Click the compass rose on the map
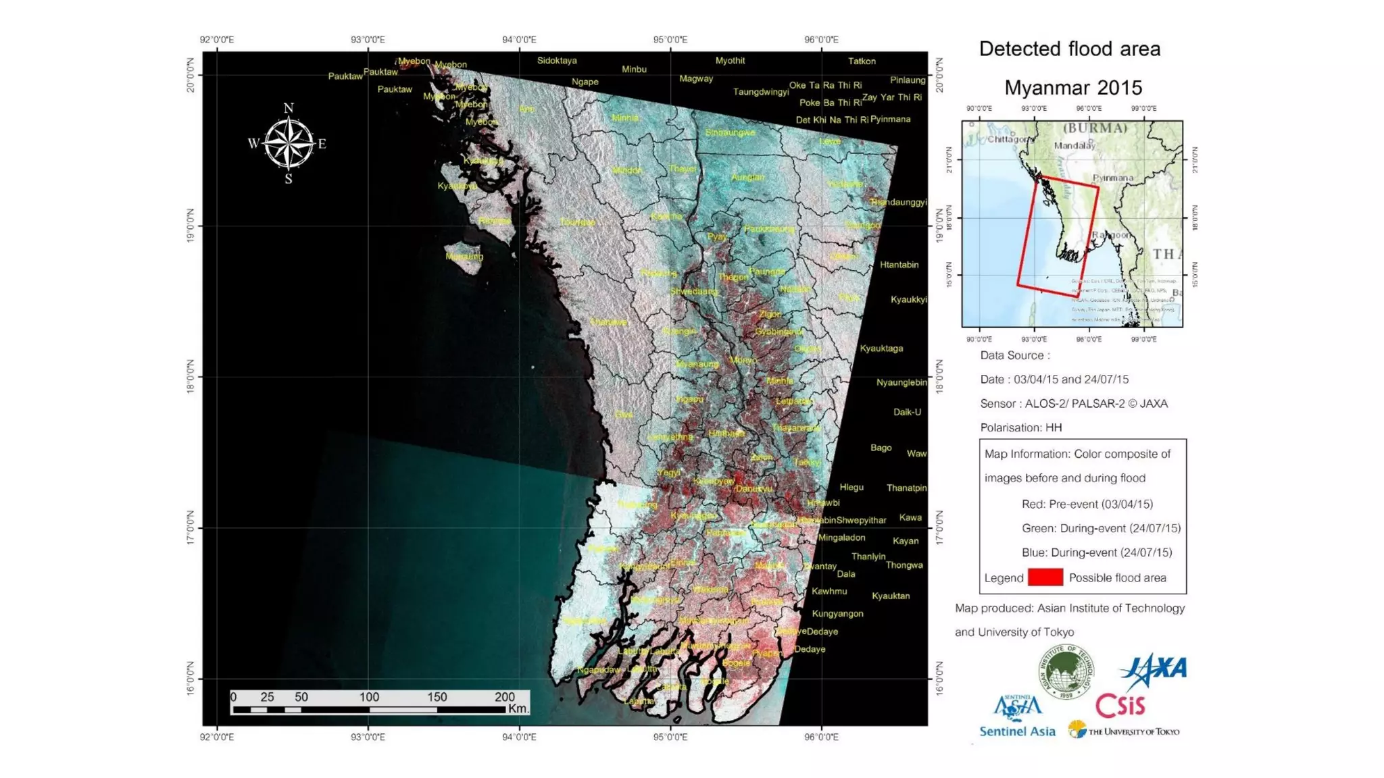289,143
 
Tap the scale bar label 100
369,697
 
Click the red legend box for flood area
1045,577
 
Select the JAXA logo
1154,669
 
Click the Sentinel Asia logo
1017,717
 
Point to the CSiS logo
1120,706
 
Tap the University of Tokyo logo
1124,731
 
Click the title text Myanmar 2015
1072,88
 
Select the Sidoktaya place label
557,61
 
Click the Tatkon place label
862,61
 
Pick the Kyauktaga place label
881,348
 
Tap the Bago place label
881,448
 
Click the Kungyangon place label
837,614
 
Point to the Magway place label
696,79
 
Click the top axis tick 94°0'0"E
519,40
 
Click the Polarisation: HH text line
1020,427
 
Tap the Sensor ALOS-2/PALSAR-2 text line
1073,404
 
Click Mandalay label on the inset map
1074,146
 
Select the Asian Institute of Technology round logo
1066,671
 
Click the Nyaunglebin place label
901,383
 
